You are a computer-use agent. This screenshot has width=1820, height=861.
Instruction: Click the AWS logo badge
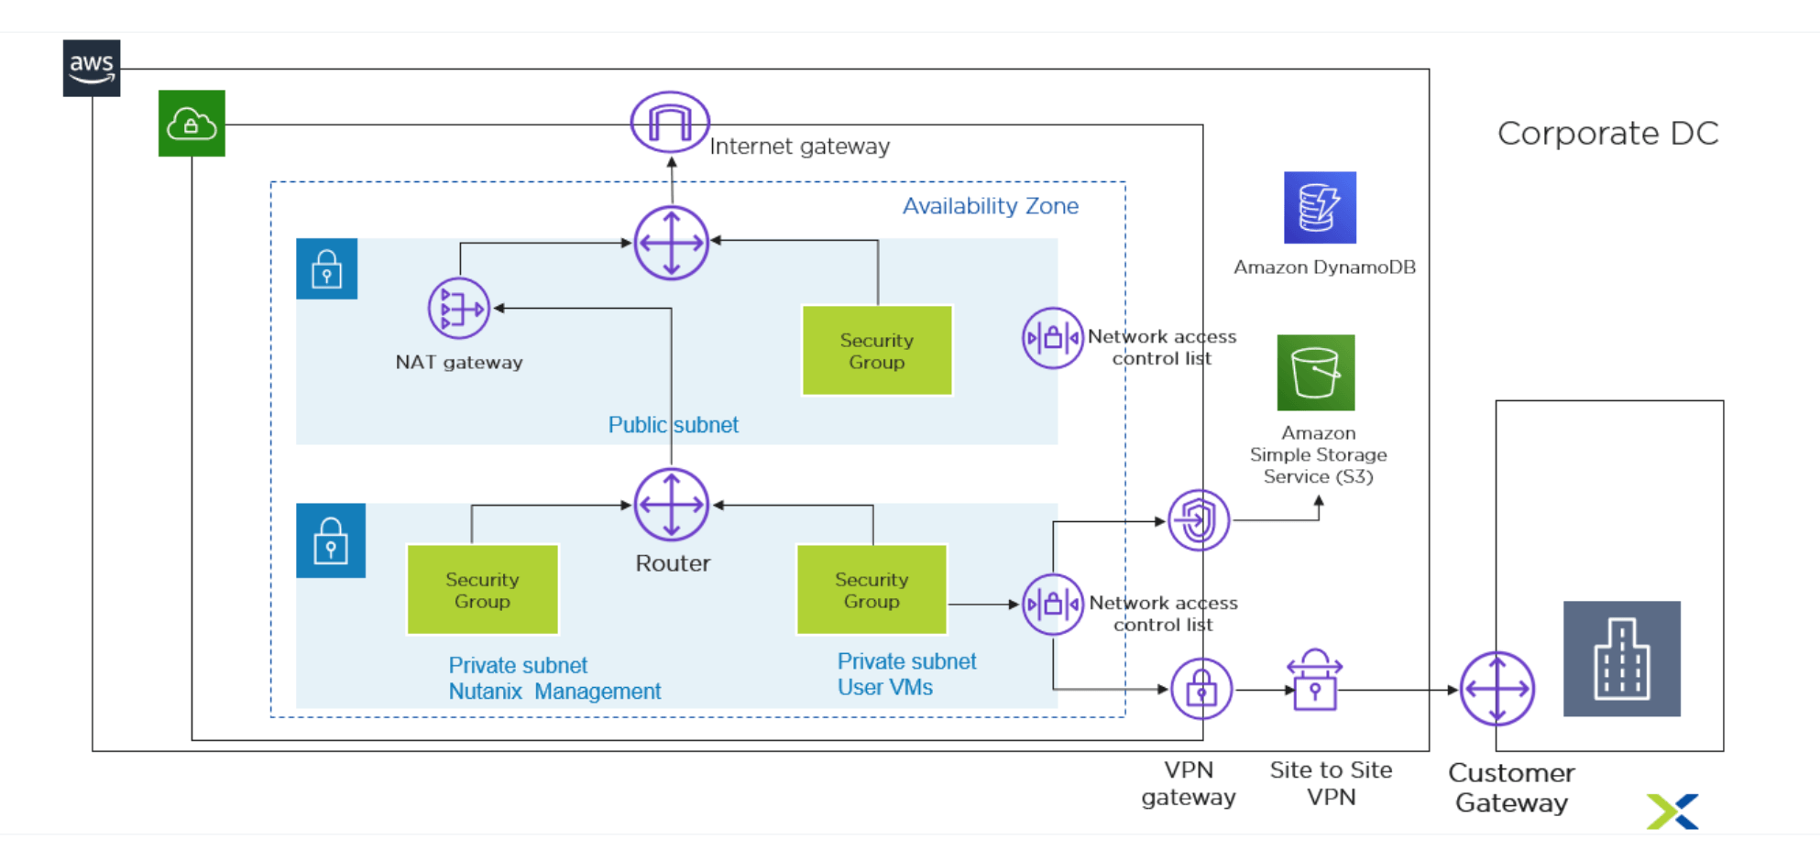click(x=92, y=68)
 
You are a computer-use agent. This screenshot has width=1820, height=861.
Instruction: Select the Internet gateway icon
click(x=670, y=122)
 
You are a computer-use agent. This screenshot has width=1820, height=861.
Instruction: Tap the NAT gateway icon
click(x=458, y=309)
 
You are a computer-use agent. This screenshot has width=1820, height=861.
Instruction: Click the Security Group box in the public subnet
click(x=877, y=351)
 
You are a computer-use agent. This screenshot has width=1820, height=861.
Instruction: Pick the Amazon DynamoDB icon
click(x=1320, y=208)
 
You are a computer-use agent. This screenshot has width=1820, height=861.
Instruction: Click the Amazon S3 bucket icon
click(x=1316, y=373)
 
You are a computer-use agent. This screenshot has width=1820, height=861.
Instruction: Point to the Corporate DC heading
click(x=1607, y=134)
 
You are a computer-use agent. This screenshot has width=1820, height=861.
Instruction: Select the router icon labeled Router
click(x=672, y=505)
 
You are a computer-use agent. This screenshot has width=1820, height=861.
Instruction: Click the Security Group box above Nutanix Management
click(x=482, y=590)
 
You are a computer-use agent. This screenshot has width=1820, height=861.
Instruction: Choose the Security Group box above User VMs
click(x=872, y=590)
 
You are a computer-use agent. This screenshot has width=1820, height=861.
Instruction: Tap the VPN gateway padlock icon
click(x=1201, y=689)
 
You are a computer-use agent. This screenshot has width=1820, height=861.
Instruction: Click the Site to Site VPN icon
click(x=1315, y=681)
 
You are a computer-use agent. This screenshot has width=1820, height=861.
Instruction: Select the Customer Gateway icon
click(x=1497, y=689)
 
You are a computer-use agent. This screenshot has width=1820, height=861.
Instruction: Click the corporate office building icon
click(x=1621, y=659)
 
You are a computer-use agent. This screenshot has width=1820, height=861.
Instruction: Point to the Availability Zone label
click(x=990, y=206)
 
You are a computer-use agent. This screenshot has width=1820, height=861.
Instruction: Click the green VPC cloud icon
click(x=192, y=124)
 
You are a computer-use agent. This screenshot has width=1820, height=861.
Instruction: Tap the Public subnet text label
click(x=673, y=425)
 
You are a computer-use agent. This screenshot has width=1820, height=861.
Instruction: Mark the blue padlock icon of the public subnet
click(x=326, y=269)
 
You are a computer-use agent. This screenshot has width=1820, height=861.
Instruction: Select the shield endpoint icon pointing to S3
click(x=1198, y=520)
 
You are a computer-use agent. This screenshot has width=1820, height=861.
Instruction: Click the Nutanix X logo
click(x=1672, y=812)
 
